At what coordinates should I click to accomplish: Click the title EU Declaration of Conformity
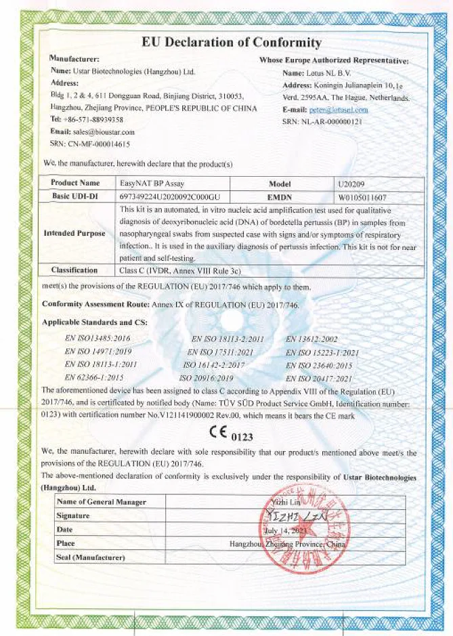tap(231, 43)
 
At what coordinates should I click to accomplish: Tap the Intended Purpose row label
tap(74, 234)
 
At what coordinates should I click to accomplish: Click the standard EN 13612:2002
tap(313, 339)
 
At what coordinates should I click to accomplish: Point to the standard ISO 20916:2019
tap(207, 378)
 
